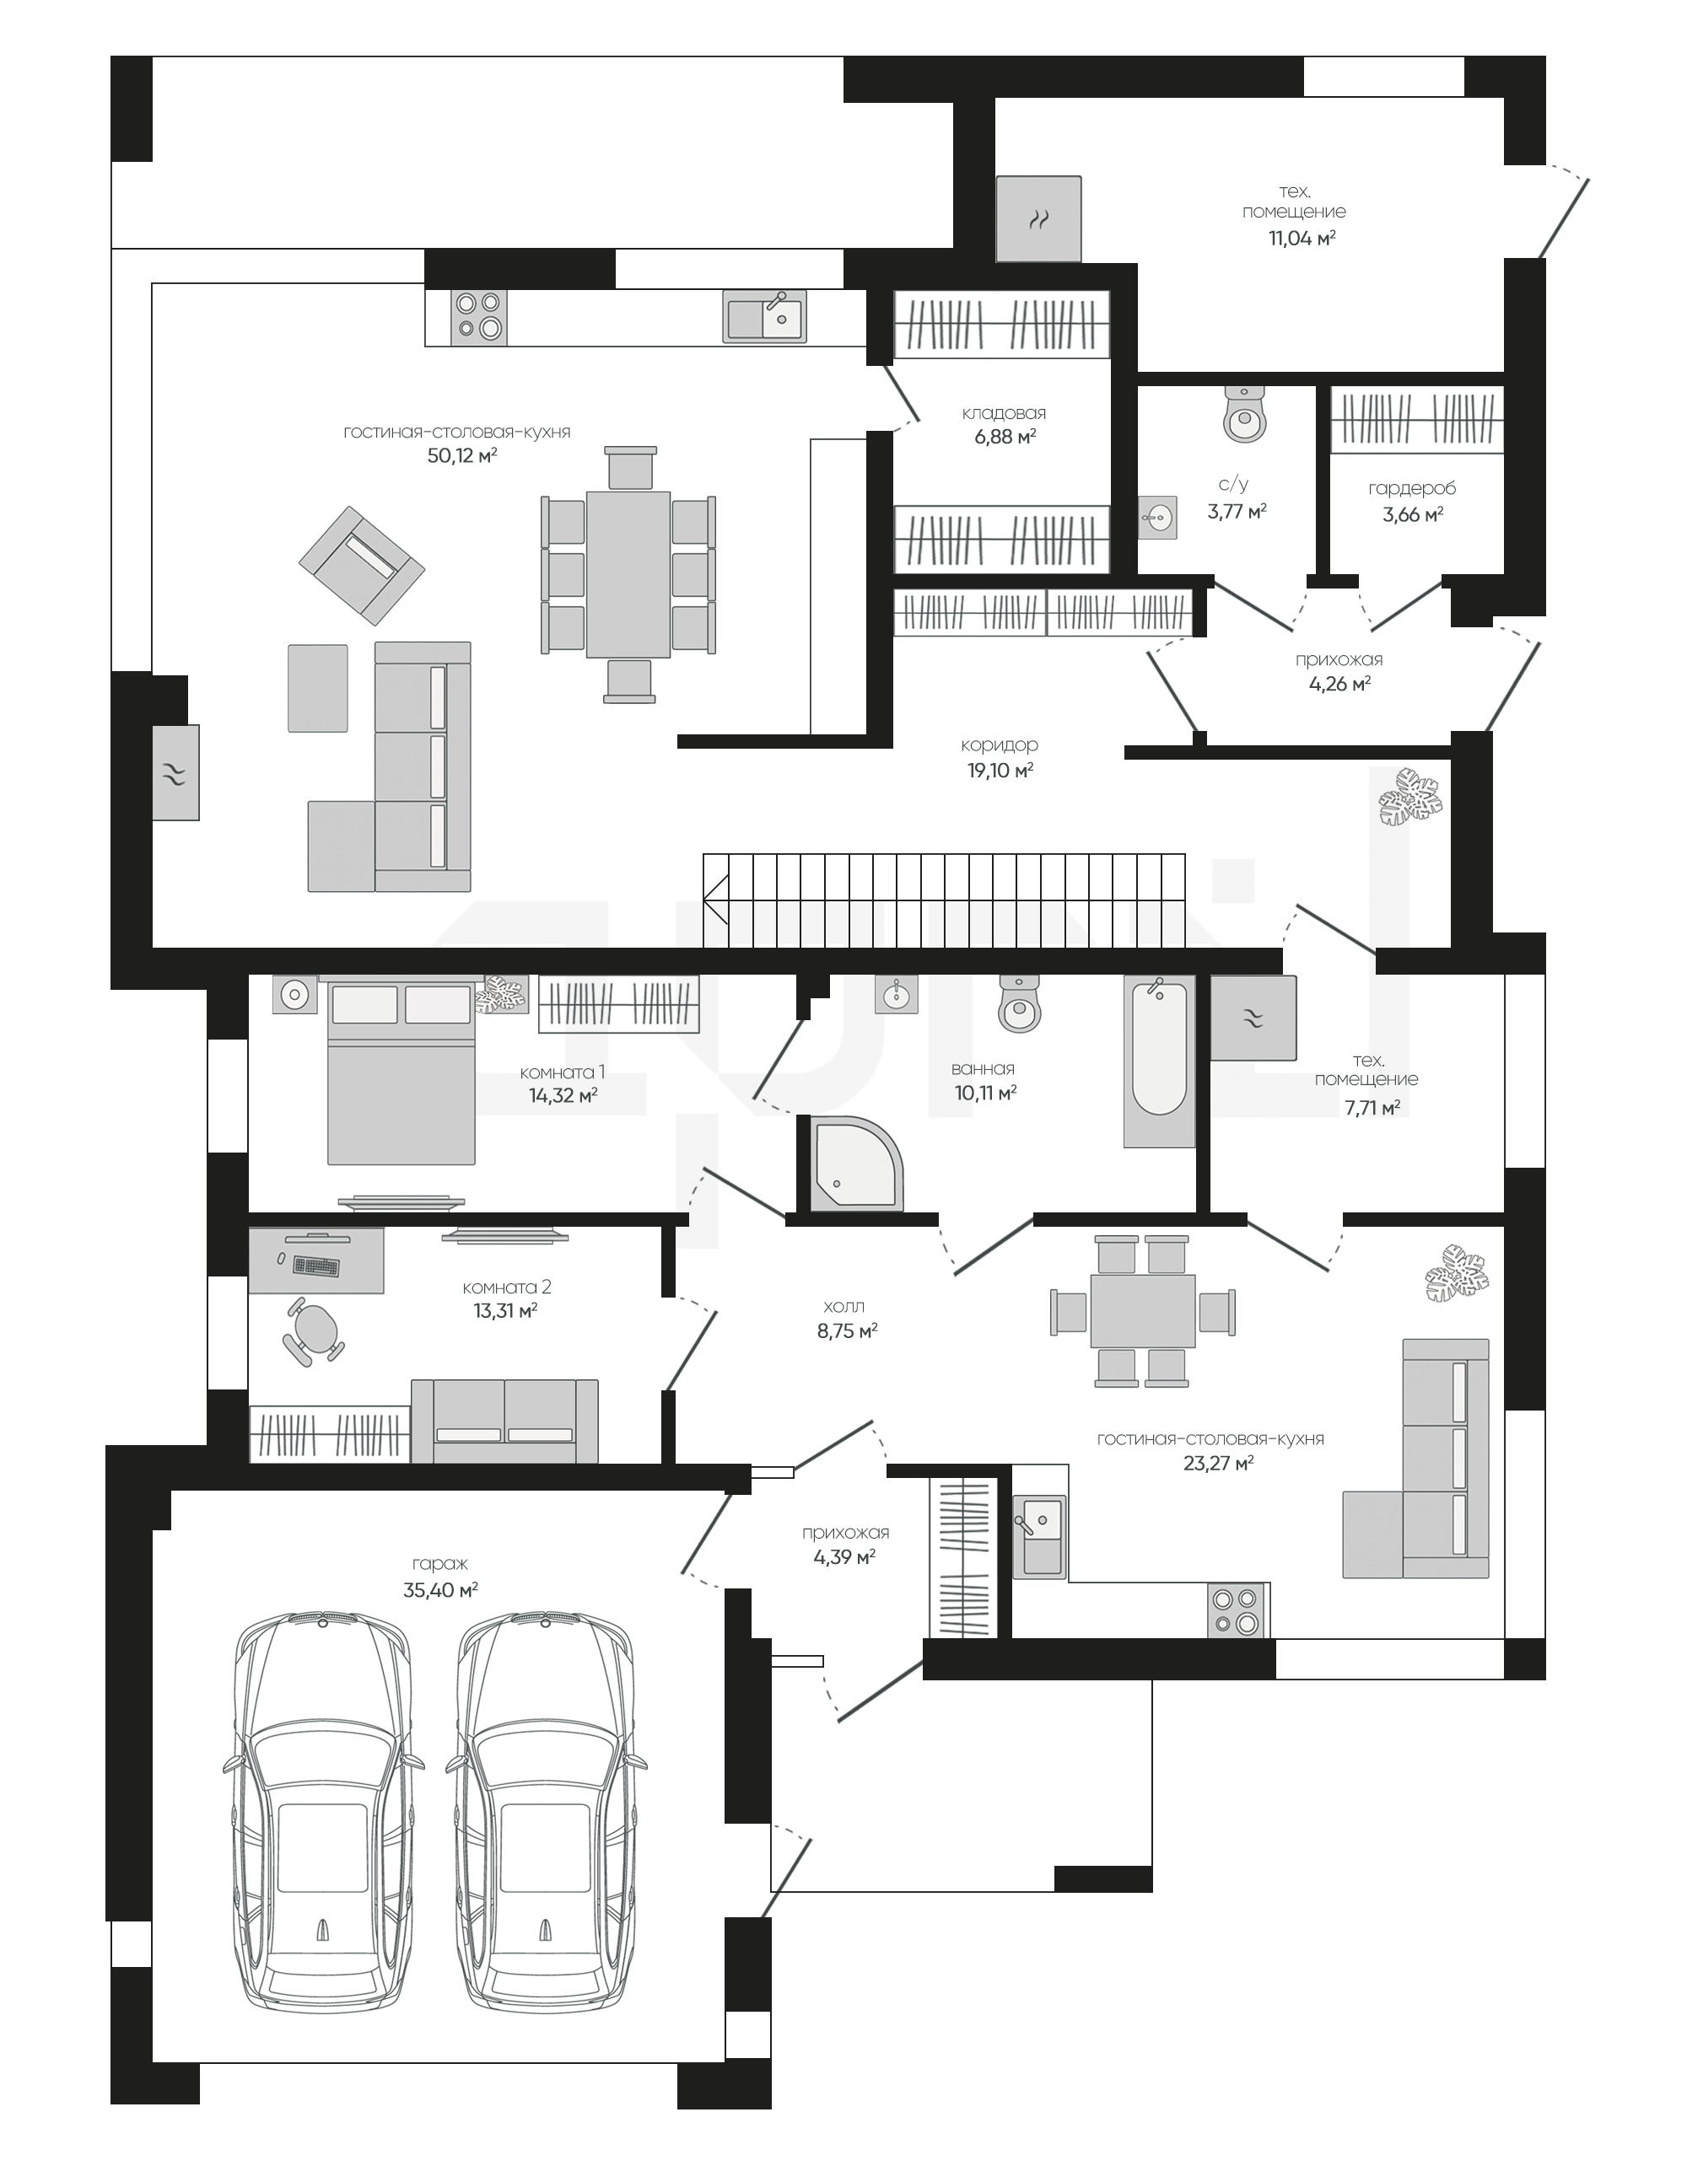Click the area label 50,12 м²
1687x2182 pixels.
[461, 455]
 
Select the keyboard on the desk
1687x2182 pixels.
[315, 1267]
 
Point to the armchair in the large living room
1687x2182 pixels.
[362, 566]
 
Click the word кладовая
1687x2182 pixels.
[1005, 412]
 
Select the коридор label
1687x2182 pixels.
[1000, 744]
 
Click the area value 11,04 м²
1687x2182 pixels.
[1302, 238]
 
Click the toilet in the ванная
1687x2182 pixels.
[1020, 1003]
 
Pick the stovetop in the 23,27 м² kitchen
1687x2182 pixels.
[1237, 1610]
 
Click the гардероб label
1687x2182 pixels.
[1412, 488]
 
